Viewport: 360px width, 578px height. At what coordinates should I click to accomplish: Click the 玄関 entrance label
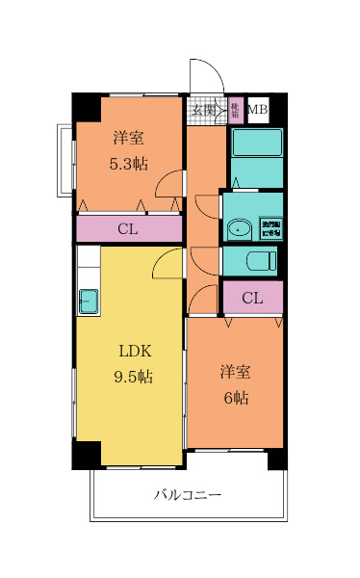(203, 111)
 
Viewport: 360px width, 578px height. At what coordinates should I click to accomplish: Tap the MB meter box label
(256, 111)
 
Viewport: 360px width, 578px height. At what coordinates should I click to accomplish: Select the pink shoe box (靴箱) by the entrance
(235, 110)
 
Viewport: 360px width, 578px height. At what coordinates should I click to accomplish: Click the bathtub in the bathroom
(255, 144)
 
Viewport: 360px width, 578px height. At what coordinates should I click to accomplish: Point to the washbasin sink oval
(239, 229)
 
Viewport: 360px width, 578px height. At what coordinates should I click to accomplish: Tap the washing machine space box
(269, 229)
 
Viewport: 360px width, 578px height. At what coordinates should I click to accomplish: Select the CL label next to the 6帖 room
(251, 298)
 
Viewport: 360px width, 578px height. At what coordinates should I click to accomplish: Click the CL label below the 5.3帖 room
(127, 229)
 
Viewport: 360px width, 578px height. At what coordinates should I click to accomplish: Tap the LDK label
(135, 351)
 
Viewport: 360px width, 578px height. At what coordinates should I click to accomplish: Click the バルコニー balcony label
(188, 495)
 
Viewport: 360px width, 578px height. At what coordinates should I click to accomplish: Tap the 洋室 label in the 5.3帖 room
(128, 137)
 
